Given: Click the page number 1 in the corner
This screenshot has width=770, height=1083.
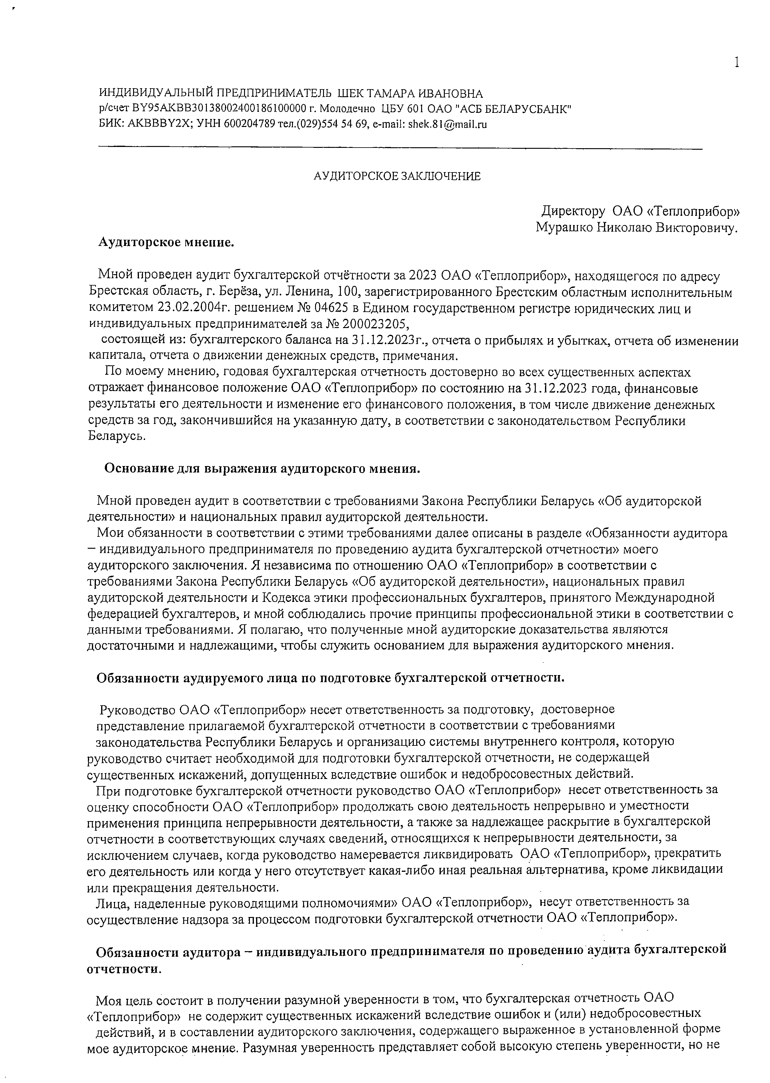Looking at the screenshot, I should [x=736, y=62].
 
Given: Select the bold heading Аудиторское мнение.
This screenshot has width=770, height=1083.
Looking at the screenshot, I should [x=166, y=242].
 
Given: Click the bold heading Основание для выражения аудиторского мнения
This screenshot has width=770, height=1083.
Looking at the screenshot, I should [x=262, y=468].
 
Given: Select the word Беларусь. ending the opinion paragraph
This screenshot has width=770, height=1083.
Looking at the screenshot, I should [x=116, y=436].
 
